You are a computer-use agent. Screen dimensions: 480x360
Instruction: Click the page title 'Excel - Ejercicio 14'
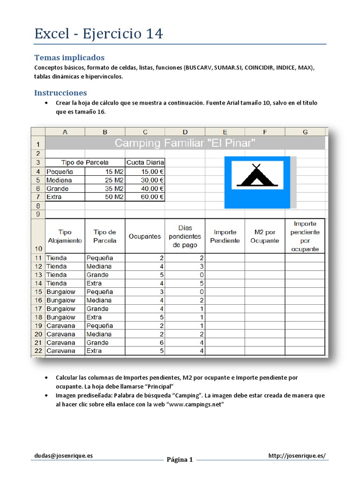tap(98, 34)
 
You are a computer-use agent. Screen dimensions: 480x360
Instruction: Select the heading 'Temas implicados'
tap(69, 58)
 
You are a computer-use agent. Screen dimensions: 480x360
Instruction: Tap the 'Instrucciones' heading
tap(60, 93)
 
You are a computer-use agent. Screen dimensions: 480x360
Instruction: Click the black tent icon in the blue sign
tap(255, 176)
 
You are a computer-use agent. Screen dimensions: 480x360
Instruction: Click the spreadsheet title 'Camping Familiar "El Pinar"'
tap(185, 143)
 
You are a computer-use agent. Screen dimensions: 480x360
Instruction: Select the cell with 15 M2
tap(105, 172)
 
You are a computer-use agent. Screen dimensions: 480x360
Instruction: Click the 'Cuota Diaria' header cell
tap(145, 162)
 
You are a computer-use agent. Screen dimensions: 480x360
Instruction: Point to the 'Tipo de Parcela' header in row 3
tap(85, 162)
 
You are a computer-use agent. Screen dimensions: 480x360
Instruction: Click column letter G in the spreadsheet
tap(305, 132)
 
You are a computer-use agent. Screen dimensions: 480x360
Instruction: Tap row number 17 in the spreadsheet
tap(38, 309)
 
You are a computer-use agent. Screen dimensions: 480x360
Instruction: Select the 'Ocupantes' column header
tap(145, 236)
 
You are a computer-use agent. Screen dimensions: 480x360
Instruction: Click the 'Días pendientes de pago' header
tap(185, 236)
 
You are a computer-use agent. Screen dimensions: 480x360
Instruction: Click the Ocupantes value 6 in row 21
tap(162, 343)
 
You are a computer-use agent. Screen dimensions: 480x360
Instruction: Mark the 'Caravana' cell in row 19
tap(60, 326)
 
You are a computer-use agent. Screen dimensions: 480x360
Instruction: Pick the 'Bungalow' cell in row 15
tap(61, 292)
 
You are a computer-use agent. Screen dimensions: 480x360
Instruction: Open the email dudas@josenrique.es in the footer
tap(63, 456)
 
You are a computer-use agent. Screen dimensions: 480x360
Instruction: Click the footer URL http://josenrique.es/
tap(297, 456)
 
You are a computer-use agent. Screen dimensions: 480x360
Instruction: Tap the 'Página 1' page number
tap(180, 459)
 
